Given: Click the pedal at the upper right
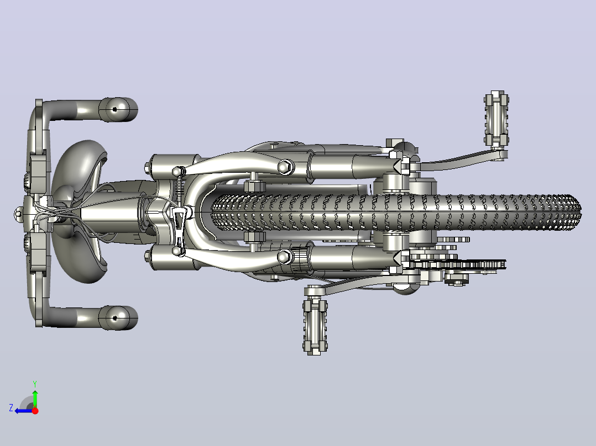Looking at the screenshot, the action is pos(496,119).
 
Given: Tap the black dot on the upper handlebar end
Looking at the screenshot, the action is pos(115,110).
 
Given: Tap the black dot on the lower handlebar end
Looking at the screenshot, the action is pos(115,318).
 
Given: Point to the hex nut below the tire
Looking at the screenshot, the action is pos(254,237).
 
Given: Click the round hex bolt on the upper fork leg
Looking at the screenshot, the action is pos(285,167).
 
